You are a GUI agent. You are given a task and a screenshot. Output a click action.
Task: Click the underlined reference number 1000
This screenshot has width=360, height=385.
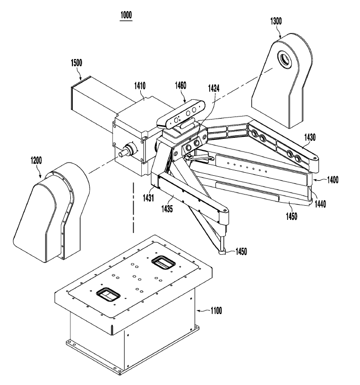126,15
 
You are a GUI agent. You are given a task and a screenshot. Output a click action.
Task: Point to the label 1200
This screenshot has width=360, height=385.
39,160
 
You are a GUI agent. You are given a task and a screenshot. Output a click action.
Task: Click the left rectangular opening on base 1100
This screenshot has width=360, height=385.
107,295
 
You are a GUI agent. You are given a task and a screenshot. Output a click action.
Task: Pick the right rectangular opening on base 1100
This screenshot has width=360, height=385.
163,262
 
